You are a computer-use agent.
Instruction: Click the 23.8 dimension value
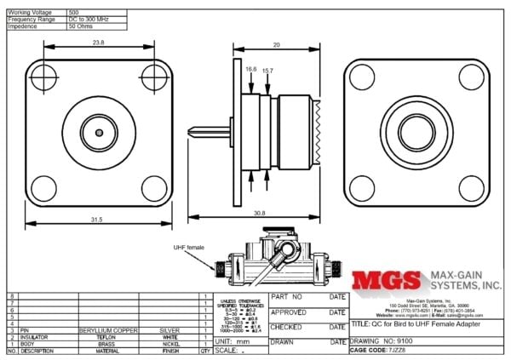click(x=99, y=42)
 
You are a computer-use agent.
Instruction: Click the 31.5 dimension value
click(x=96, y=220)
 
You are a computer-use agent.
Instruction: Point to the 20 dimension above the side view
click(x=276, y=44)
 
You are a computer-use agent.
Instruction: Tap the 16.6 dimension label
click(x=250, y=70)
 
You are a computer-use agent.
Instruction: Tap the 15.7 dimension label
click(x=267, y=70)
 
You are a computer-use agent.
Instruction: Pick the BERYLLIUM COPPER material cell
click(x=107, y=328)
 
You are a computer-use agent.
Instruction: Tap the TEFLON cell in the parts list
click(x=107, y=335)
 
